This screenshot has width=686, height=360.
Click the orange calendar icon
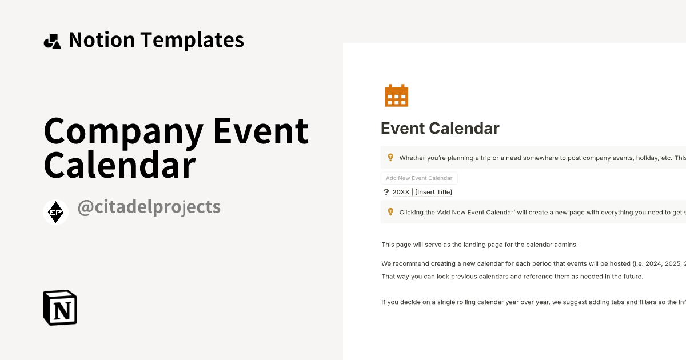pyautogui.click(x=396, y=95)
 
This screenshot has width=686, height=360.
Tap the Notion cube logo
pyautogui.click(x=60, y=307)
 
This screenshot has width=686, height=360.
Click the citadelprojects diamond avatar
pyautogui.click(x=56, y=212)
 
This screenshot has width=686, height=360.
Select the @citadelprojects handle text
pyautogui.click(x=149, y=207)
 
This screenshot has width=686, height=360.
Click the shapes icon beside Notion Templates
pyautogui.click(x=52, y=41)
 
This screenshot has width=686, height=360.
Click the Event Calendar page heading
pyautogui.click(x=440, y=128)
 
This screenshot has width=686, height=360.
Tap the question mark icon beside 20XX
pyautogui.click(x=386, y=192)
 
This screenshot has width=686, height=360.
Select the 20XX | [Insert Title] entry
pyautogui.click(x=422, y=192)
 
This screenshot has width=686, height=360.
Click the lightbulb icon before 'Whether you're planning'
pyautogui.click(x=390, y=158)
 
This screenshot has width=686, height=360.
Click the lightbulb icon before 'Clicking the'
pyautogui.click(x=390, y=212)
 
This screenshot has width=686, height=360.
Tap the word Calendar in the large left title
pyautogui.click(x=119, y=165)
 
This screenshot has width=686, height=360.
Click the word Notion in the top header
pyautogui.click(x=102, y=40)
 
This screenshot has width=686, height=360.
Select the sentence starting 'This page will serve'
pyautogui.click(x=480, y=245)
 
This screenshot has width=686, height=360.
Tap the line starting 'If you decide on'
pyautogui.click(x=532, y=302)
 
